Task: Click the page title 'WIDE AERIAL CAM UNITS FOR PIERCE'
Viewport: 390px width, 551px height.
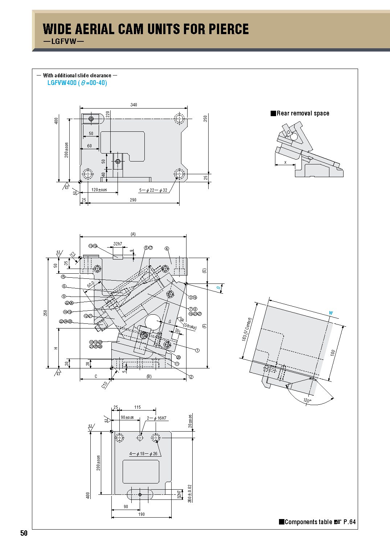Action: pyautogui.click(x=145, y=29)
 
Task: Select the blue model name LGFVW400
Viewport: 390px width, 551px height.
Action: pyautogui.click(x=62, y=83)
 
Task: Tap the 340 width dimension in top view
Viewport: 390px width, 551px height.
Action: pyautogui.click(x=134, y=105)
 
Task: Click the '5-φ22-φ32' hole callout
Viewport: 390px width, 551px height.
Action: pyautogui.click(x=153, y=190)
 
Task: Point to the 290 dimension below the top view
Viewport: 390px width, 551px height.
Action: pyautogui.click(x=133, y=200)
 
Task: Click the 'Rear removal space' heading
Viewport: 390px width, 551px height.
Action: pyautogui.click(x=303, y=113)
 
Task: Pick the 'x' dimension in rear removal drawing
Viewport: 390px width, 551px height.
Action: pyautogui.click(x=286, y=162)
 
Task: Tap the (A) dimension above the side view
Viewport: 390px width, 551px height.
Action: pyautogui.click(x=133, y=234)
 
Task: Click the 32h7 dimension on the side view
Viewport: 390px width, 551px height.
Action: pyautogui.click(x=118, y=244)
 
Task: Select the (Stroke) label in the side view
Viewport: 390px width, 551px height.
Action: pyautogui.click(x=190, y=326)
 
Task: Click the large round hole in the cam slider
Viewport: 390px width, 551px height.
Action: pyautogui.click(x=152, y=322)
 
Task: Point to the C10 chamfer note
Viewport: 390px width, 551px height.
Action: pyautogui.click(x=105, y=384)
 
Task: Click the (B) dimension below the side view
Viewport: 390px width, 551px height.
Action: pyautogui.click(x=149, y=376)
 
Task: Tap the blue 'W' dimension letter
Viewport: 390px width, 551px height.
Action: pyautogui.click(x=331, y=313)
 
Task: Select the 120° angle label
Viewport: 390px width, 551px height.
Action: pyautogui.click(x=307, y=400)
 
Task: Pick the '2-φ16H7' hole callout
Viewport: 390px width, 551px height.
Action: pyautogui.click(x=157, y=418)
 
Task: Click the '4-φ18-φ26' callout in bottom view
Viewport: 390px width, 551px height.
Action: pyautogui.click(x=144, y=454)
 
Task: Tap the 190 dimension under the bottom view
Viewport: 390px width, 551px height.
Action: pyautogui.click(x=141, y=514)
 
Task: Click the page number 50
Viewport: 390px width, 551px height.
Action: pyautogui.click(x=24, y=533)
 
